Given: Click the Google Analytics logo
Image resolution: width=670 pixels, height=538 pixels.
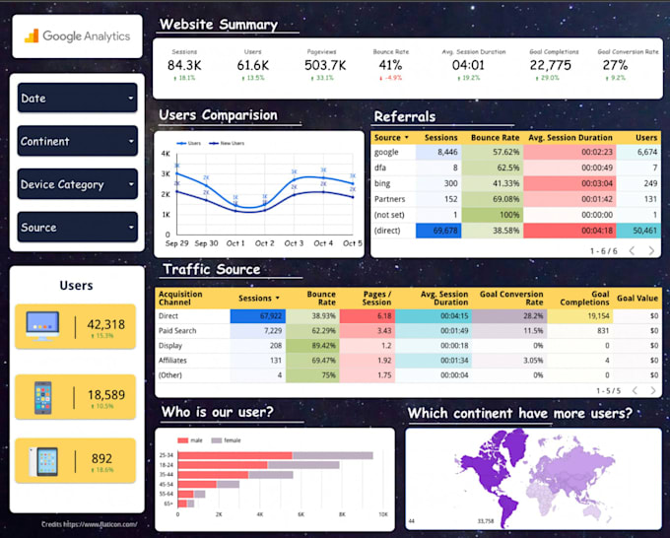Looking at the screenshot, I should pos(78,36).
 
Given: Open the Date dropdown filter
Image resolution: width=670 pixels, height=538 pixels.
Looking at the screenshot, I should pos(77,98).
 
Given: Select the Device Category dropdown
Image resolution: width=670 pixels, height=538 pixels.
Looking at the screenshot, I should pos(77,184).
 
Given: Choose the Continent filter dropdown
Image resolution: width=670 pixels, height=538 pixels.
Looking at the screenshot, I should pos(77,141).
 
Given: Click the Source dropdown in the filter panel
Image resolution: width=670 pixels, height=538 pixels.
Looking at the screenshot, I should pos(77,227).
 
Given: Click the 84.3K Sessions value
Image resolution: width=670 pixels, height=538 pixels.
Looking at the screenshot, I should pos(184,65).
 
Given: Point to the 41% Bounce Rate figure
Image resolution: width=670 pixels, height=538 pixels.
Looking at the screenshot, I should pos(390,65).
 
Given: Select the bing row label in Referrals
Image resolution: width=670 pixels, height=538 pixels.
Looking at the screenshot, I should pos(384,183).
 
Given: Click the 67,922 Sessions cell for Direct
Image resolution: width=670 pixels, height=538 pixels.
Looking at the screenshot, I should pos(256,315).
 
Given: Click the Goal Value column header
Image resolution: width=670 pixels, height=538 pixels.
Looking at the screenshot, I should pos(637,296).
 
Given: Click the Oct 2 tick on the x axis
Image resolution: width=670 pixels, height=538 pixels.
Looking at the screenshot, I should pos(265,242).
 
